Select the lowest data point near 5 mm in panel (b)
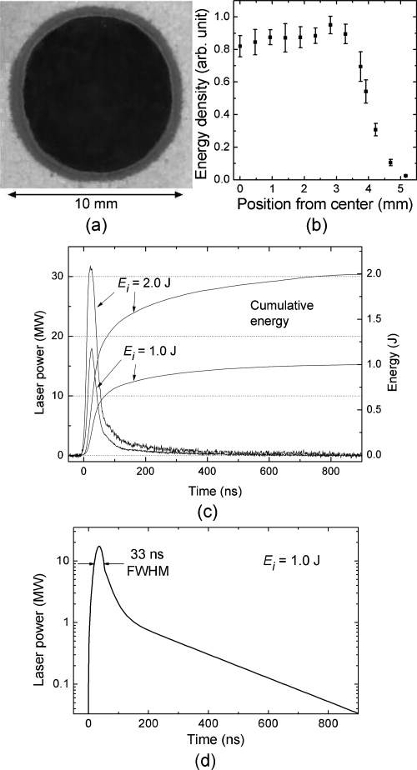coord(406,176)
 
